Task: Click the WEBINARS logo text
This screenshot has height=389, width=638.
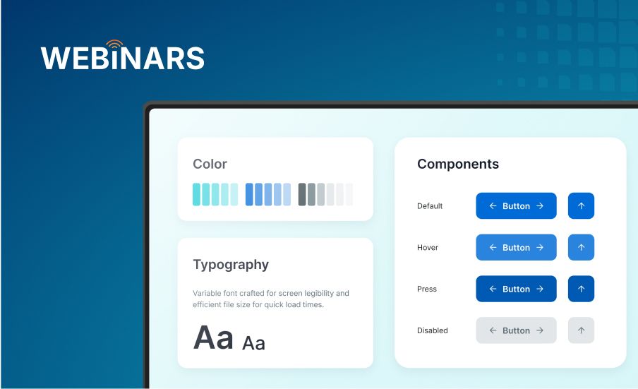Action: (123, 58)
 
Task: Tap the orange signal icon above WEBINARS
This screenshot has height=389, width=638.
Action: (115, 44)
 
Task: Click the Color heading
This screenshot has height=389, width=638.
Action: (210, 164)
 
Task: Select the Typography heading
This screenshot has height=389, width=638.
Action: (231, 265)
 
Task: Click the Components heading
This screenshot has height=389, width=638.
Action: (458, 164)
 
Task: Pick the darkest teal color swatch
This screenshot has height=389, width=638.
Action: (196, 195)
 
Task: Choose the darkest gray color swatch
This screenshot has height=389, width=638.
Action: (302, 195)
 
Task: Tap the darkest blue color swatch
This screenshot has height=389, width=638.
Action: (249, 195)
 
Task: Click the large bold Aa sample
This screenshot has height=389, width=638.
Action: (213, 337)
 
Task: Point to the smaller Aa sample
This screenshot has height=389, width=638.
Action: (253, 343)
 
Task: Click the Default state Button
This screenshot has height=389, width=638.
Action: (516, 206)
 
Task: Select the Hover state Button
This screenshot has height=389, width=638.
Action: (516, 247)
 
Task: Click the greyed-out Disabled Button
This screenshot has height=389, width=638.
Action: (516, 330)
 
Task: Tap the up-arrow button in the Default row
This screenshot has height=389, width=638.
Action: (581, 206)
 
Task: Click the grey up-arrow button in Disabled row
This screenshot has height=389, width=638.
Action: (581, 330)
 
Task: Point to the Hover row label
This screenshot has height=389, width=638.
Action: (428, 247)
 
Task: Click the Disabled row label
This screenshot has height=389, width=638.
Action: (432, 330)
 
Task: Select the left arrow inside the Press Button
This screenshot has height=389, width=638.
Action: (493, 289)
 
